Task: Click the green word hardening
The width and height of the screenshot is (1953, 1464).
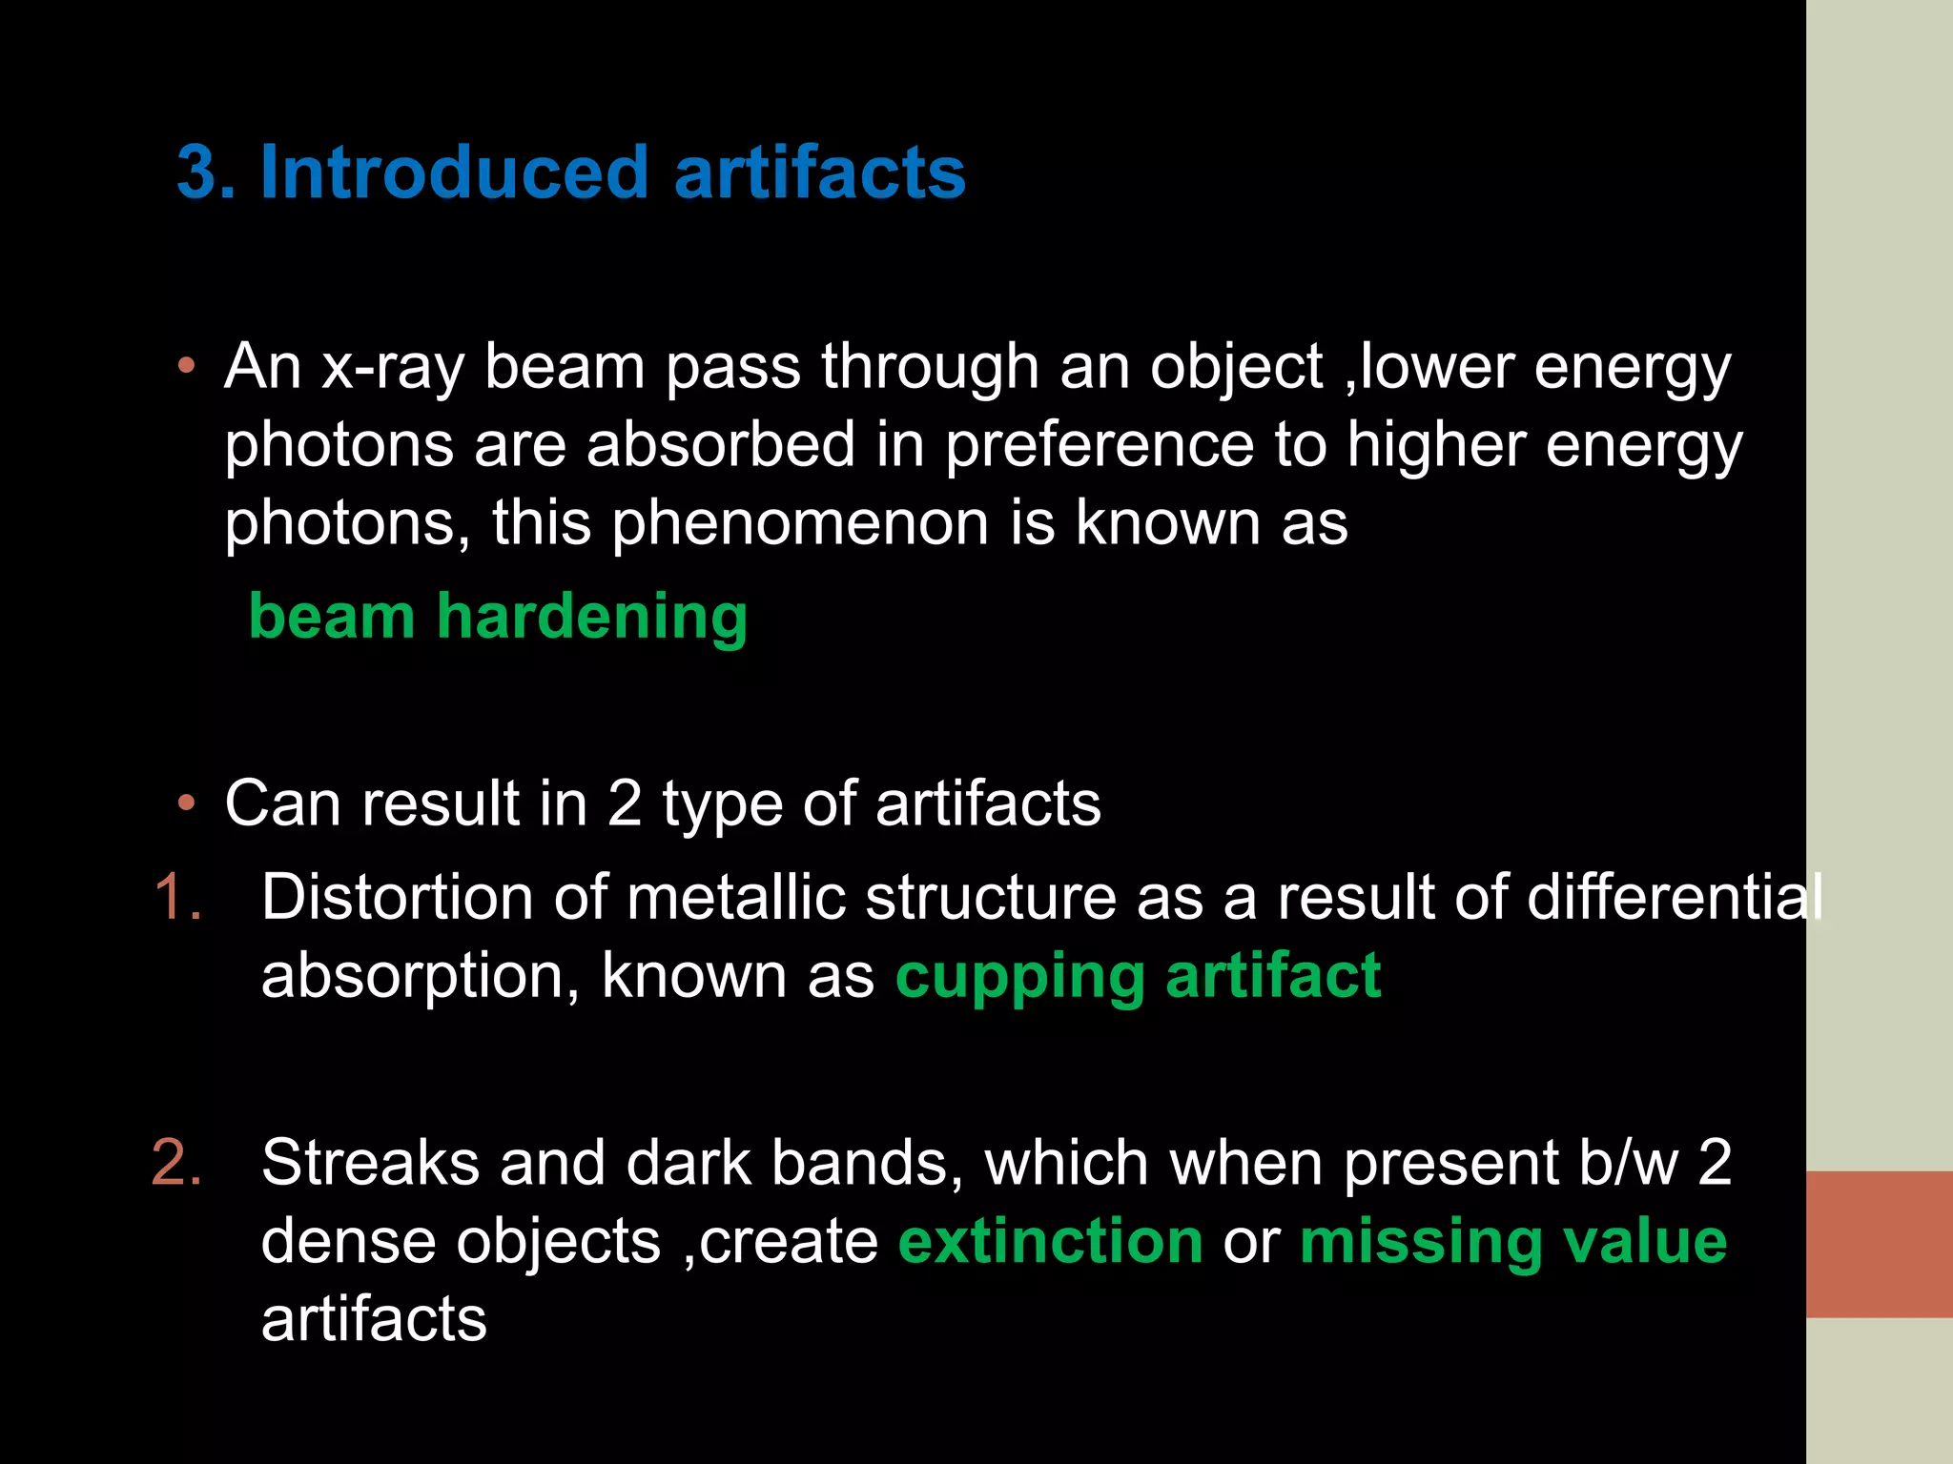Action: pos(592,618)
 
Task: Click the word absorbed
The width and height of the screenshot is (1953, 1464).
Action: pos(721,446)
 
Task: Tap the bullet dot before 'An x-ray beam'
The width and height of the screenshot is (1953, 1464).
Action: pos(187,366)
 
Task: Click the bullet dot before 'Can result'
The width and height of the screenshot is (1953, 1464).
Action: pos(187,803)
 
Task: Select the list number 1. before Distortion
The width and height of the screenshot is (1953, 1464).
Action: pos(178,898)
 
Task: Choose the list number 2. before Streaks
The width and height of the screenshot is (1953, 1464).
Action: pos(177,1164)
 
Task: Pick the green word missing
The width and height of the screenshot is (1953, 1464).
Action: pos(1420,1242)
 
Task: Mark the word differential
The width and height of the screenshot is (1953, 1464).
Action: pos(1675,898)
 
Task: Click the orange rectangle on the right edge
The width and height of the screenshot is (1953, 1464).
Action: pos(1879,1244)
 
